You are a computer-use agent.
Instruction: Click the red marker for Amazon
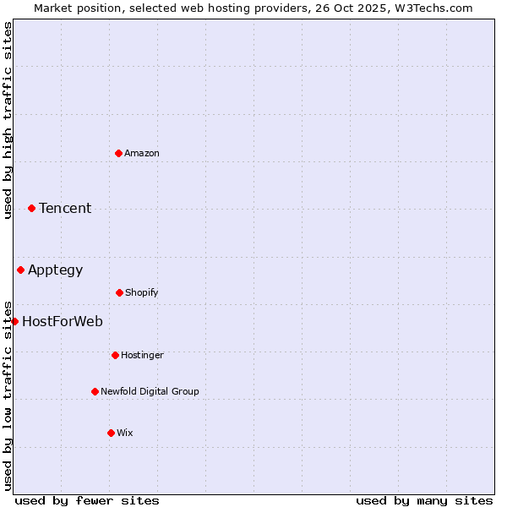tap(118, 153)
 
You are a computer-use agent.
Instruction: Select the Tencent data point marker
tap(31, 208)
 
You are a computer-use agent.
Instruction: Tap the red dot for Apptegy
tap(20, 270)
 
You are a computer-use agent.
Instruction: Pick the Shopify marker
tap(119, 292)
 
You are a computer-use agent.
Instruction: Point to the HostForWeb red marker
tap(14, 321)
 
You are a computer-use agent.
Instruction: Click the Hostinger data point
tap(115, 355)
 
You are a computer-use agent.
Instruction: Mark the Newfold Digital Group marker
tap(95, 391)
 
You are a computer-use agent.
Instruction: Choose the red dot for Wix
tap(111, 433)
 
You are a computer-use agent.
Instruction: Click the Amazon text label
tap(142, 153)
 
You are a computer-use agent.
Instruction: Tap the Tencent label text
tap(65, 208)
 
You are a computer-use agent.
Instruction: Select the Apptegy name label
tap(56, 270)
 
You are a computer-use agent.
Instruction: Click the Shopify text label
tap(142, 292)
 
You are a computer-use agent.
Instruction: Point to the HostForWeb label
tap(63, 321)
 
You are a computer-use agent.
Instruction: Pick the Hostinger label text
tap(142, 355)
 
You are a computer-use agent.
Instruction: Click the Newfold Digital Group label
tap(150, 391)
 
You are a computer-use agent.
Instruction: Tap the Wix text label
tap(125, 433)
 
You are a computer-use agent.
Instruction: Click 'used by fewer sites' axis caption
tap(87, 500)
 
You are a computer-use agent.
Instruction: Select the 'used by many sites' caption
tap(424, 500)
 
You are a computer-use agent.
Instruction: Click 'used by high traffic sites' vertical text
tap(8, 120)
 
